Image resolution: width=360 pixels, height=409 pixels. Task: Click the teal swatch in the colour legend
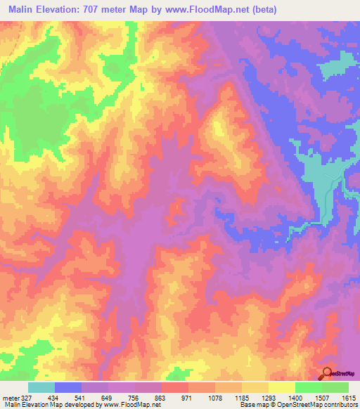[41, 387]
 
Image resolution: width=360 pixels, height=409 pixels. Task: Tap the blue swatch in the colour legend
[68, 387]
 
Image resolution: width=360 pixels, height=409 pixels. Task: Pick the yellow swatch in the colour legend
[282, 387]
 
